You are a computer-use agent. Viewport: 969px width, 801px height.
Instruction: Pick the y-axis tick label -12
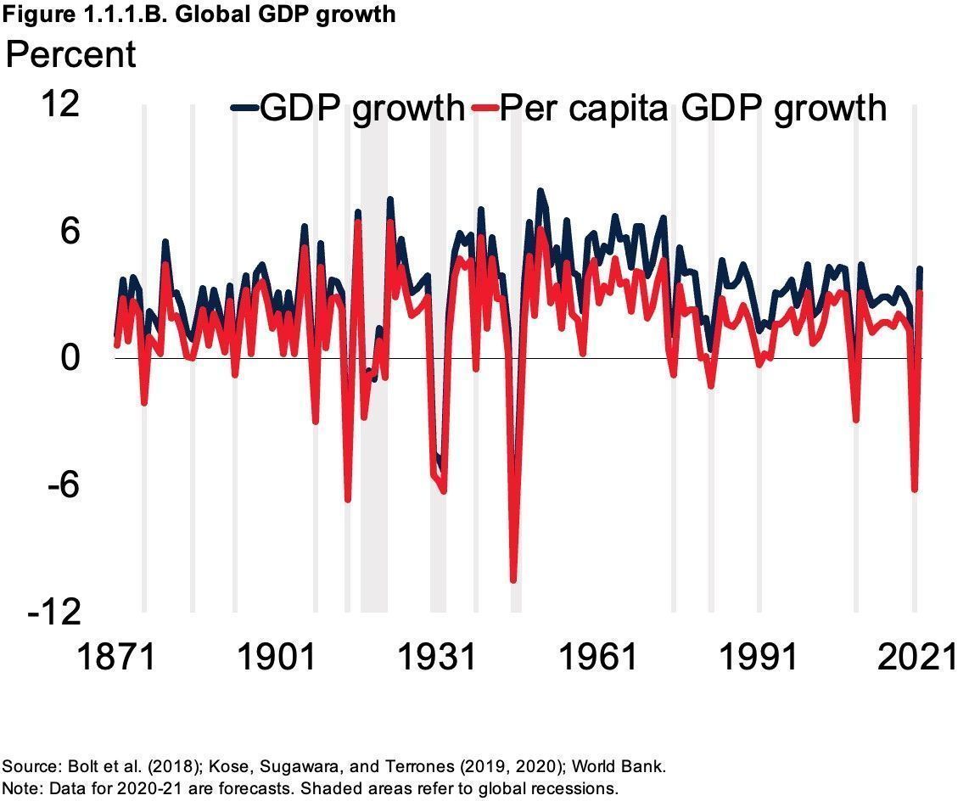point(53,612)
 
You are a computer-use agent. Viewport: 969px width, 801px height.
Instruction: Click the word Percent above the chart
point(70,54)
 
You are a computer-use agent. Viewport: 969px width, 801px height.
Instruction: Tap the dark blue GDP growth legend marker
point(244,108)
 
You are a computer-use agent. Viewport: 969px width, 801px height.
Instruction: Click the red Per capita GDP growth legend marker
point(483,108)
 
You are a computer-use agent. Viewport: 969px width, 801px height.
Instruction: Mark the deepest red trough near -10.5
point(513,580)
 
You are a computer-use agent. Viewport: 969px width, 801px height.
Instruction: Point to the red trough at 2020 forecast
point(915,490)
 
